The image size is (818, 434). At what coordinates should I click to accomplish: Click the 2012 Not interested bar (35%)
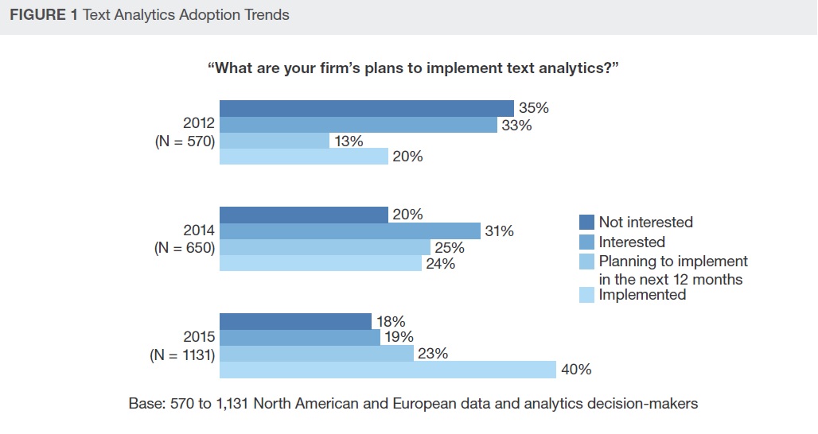[x=366, y=108]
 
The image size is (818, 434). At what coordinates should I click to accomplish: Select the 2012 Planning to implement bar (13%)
[x=274, y=141]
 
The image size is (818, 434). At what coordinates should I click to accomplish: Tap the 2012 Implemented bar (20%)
[x=303, y=157]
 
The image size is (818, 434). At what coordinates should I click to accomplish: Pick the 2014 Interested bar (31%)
[x=349, y=231]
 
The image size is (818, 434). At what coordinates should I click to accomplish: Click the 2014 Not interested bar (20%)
[x=303, y=215]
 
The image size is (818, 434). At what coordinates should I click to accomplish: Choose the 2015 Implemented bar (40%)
[x=387, y=370]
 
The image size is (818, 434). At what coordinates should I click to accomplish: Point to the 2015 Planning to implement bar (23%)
[x=316, y=354]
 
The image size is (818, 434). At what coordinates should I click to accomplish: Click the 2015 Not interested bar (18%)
[x=295, y=322]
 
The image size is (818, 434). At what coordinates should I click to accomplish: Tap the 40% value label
[x=576, y=370]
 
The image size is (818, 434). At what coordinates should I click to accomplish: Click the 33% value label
[x=516, y=125]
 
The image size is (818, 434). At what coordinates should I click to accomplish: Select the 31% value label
[x=499, y=231]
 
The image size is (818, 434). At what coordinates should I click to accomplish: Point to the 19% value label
[x=398, y=338]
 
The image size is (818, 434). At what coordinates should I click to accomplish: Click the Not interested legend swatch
[x=587, y=223]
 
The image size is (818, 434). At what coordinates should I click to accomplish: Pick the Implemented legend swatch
[x=587, y=295]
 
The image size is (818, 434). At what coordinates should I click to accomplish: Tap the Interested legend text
[x=632, y=242]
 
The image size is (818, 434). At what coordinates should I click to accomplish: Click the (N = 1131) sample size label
[x=182, y=355]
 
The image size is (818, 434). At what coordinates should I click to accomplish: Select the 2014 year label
[x=199, y=231]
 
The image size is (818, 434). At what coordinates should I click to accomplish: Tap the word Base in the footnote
[x=145, y=404]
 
